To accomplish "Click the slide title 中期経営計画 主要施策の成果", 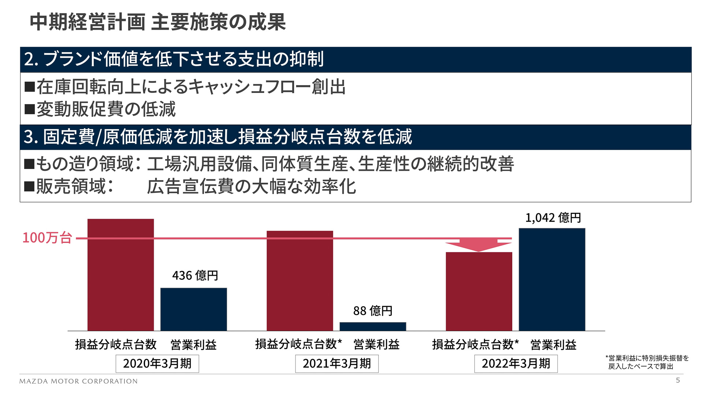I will coord(157,22).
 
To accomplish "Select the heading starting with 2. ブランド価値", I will coord(174,59).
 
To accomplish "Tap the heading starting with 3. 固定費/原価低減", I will coord(217,137).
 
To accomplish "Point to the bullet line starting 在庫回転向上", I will coord(185,87).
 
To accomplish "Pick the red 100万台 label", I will coord(47,238).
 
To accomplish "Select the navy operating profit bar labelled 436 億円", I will coord(193,309).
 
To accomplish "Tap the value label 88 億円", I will coord(372,311).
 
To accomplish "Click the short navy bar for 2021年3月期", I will coord(372,327).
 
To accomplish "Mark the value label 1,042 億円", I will coord(553,218).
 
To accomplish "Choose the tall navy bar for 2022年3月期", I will coord(552,280).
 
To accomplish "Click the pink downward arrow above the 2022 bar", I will coord(479,245).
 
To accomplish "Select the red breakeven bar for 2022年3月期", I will coord(479,291).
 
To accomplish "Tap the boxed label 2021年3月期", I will coord(336,364).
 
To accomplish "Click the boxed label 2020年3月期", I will coord(157,364).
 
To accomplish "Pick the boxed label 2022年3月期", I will coord(516,364).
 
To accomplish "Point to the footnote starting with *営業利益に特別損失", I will coord(647,362).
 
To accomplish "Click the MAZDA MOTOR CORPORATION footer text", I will coord(78,381).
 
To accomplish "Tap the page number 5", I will coord(678,380).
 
